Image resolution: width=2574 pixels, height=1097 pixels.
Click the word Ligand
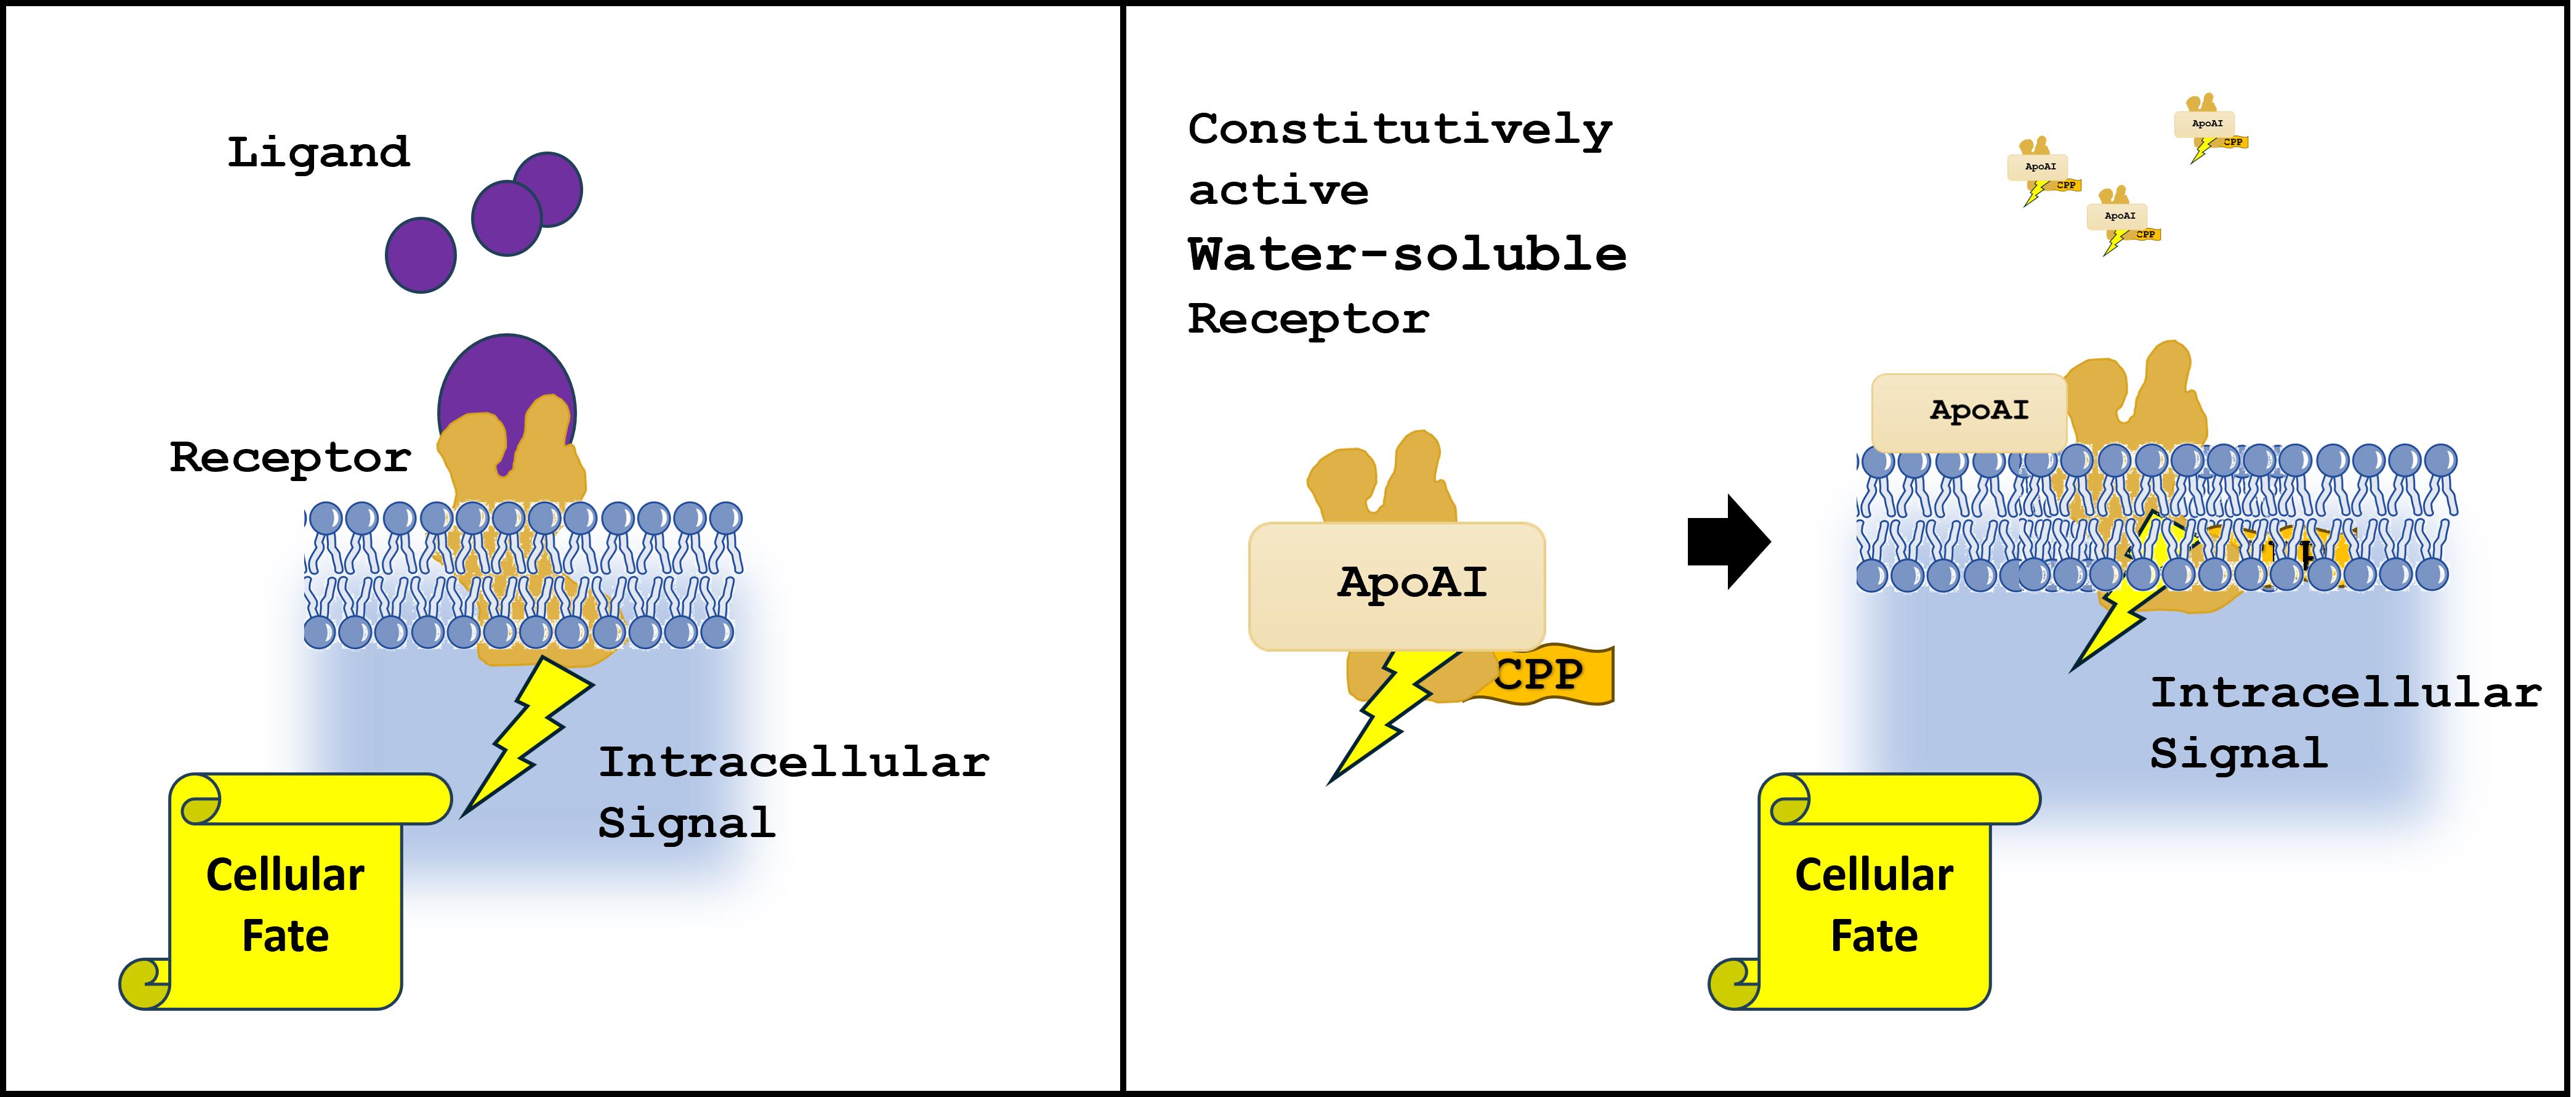click(318, 153)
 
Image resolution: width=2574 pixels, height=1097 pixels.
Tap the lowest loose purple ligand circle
click(421, 255)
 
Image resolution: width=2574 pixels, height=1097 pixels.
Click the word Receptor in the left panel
click(290, 458)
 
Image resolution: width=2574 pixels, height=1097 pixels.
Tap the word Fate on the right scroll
click(1874, 936)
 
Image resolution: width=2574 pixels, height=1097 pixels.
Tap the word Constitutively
click(1399, 130)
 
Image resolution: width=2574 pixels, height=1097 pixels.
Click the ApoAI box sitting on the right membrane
click(1969, 411)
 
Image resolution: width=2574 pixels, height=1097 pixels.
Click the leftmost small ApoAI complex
click(2038, 170)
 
